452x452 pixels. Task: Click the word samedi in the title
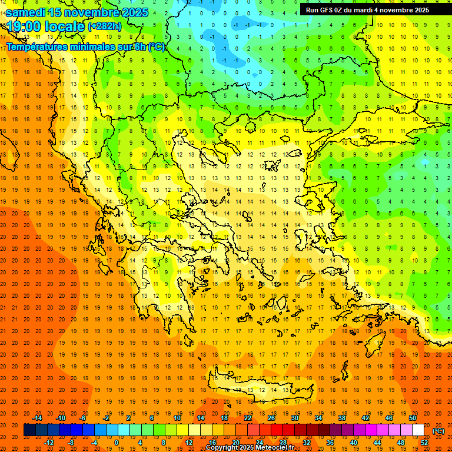[x=26, y=12]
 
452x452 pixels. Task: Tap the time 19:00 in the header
[x=23, y=26]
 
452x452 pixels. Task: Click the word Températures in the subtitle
[x=38, y=46]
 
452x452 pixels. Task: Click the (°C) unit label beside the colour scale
[x=438, y=431]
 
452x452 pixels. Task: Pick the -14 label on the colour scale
[x=37, y=418]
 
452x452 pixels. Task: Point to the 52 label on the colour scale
[x=424, y=443]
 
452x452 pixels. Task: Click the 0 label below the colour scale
[x=117, y=443]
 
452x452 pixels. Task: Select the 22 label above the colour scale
[x=248, y=418]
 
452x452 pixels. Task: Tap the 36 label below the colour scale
[x=330, y=443]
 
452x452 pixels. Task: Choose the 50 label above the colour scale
[x=413, y=418]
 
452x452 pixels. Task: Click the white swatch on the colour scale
[x=418, y=430]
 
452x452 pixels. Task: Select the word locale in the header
[x=64, y=26]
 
